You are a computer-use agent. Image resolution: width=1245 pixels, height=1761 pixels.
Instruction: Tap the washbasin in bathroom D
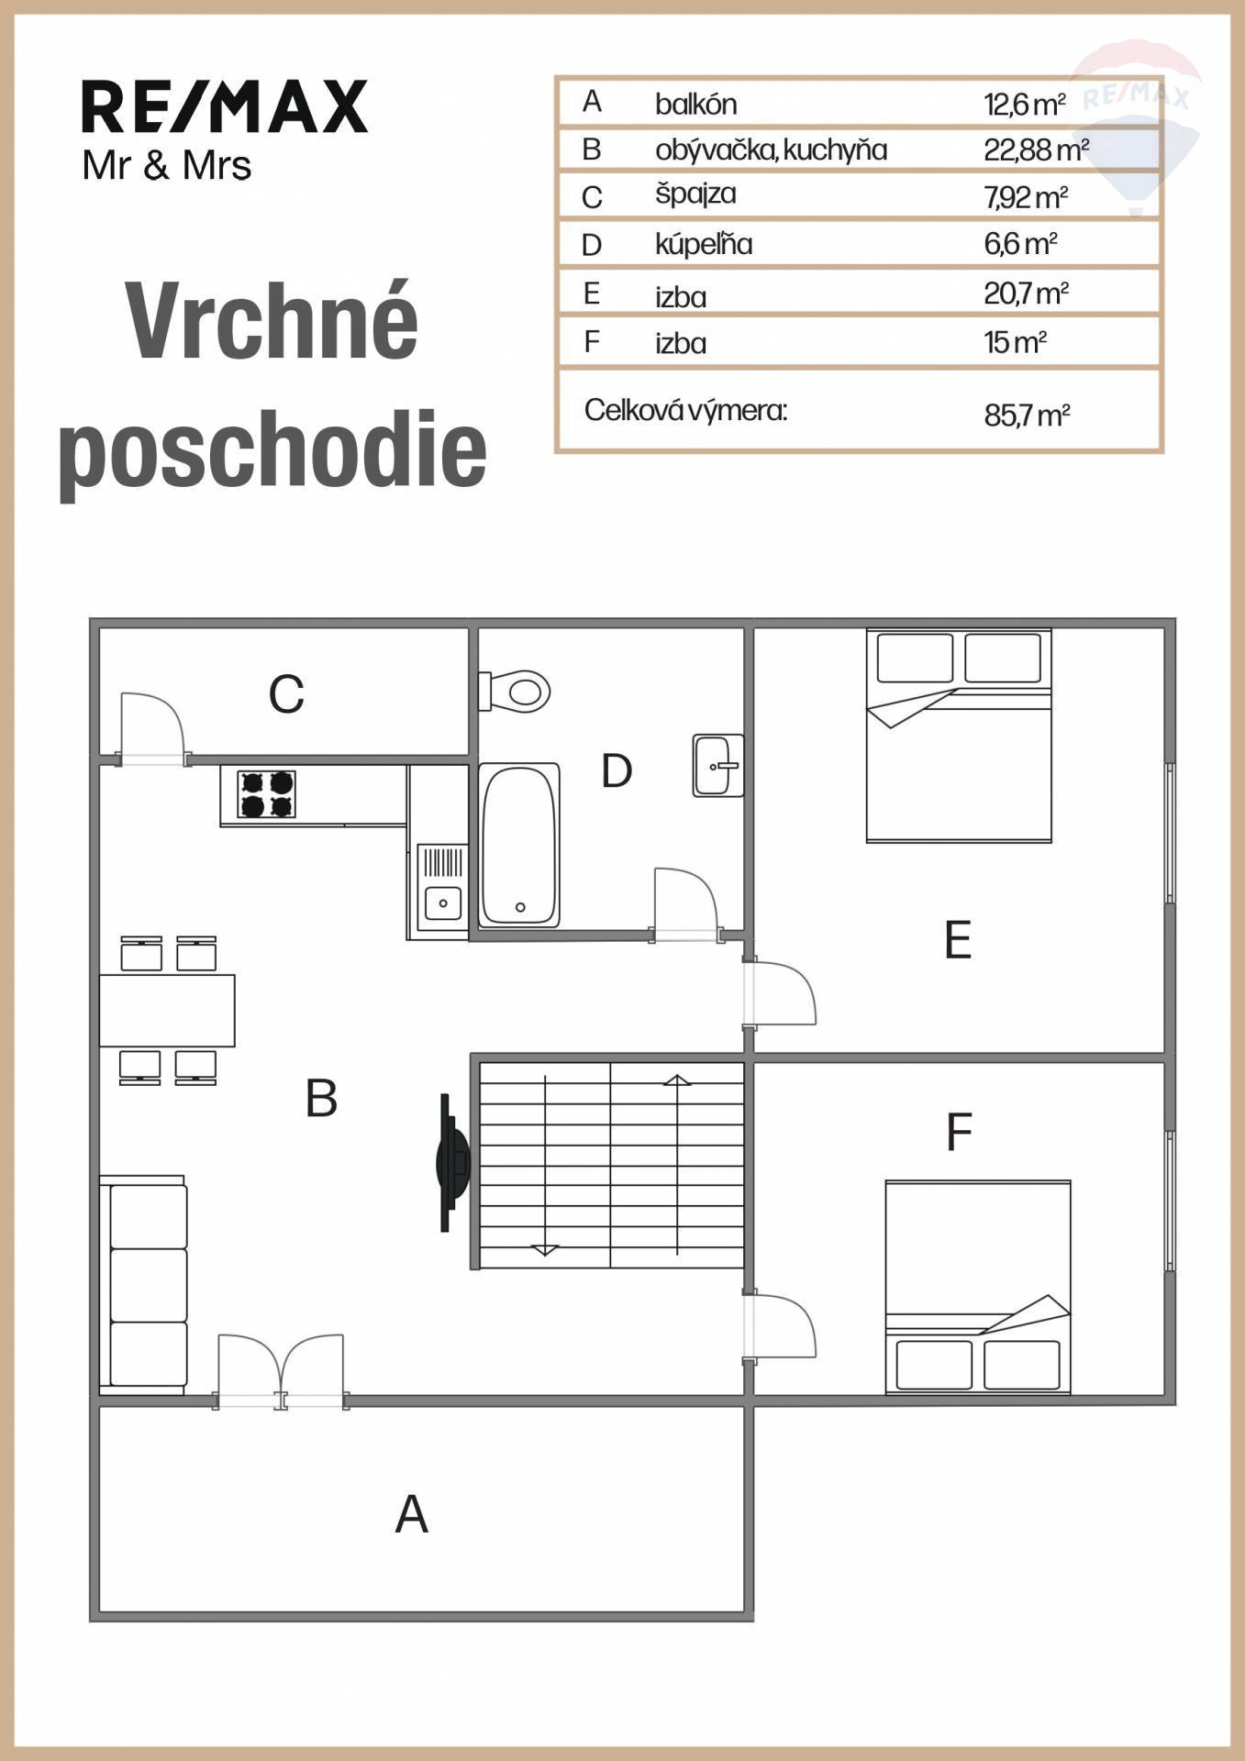[x=717, y=765]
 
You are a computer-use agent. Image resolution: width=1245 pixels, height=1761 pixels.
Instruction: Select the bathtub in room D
[x=519, y=845]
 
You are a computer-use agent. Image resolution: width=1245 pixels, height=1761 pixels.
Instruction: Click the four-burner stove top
[x=267, y=793]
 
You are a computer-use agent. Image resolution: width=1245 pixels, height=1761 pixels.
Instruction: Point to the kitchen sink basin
[x=443, y=903]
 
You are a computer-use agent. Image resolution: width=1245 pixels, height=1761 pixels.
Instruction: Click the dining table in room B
[x=167, y=1010]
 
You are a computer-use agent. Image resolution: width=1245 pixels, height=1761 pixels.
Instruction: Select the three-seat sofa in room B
[x=144, y=1284]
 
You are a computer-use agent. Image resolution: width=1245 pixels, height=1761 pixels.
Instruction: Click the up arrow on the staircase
[x=677, y=1164]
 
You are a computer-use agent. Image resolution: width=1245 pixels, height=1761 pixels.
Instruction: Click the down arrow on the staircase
[x=546, y=1164]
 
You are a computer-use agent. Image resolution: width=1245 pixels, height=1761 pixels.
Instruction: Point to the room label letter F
[x=959, y=1132]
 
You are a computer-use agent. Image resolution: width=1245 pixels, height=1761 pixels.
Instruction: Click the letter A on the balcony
[x=412, y=1514]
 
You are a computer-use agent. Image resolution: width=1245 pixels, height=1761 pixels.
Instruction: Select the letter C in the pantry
[x=286, y=694]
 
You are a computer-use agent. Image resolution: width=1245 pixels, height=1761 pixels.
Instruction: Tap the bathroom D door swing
[x=686, y=904]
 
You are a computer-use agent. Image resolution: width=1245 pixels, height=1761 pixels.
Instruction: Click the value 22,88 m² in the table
[x=1036, y=150]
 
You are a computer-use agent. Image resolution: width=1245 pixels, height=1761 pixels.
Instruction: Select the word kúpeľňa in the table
[x=704, y=244]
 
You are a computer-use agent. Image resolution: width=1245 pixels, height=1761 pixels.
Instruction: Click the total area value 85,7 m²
[x=1027, y=415]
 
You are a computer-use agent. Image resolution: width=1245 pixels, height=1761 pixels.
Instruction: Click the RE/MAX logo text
[x=225, y=107]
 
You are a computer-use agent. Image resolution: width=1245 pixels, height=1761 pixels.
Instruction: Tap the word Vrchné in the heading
[x=272, y=321]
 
